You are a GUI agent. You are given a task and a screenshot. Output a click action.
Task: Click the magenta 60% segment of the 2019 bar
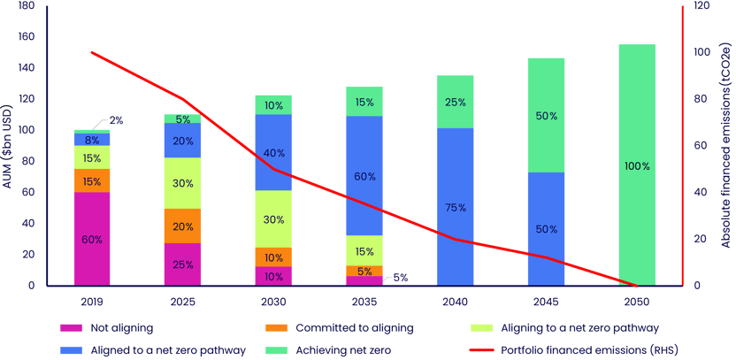click(92, 239)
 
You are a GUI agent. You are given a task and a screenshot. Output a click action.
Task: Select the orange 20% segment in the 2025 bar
click(182, 226)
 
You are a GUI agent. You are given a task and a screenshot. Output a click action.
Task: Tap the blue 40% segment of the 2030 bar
click(273, 153)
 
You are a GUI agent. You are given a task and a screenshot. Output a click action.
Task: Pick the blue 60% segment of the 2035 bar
click(364, 176)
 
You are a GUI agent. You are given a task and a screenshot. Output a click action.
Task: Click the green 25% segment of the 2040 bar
click(456, 102)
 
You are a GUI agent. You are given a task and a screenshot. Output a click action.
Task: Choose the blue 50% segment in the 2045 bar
click(546, 229)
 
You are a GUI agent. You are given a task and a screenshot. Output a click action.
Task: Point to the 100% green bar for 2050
click(637, 165)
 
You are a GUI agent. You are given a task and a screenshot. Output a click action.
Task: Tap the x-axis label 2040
click(456, 301)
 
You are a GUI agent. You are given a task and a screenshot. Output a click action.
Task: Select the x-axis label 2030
click(273, 301)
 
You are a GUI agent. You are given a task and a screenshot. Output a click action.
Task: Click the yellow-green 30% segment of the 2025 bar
click(182, 183)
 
